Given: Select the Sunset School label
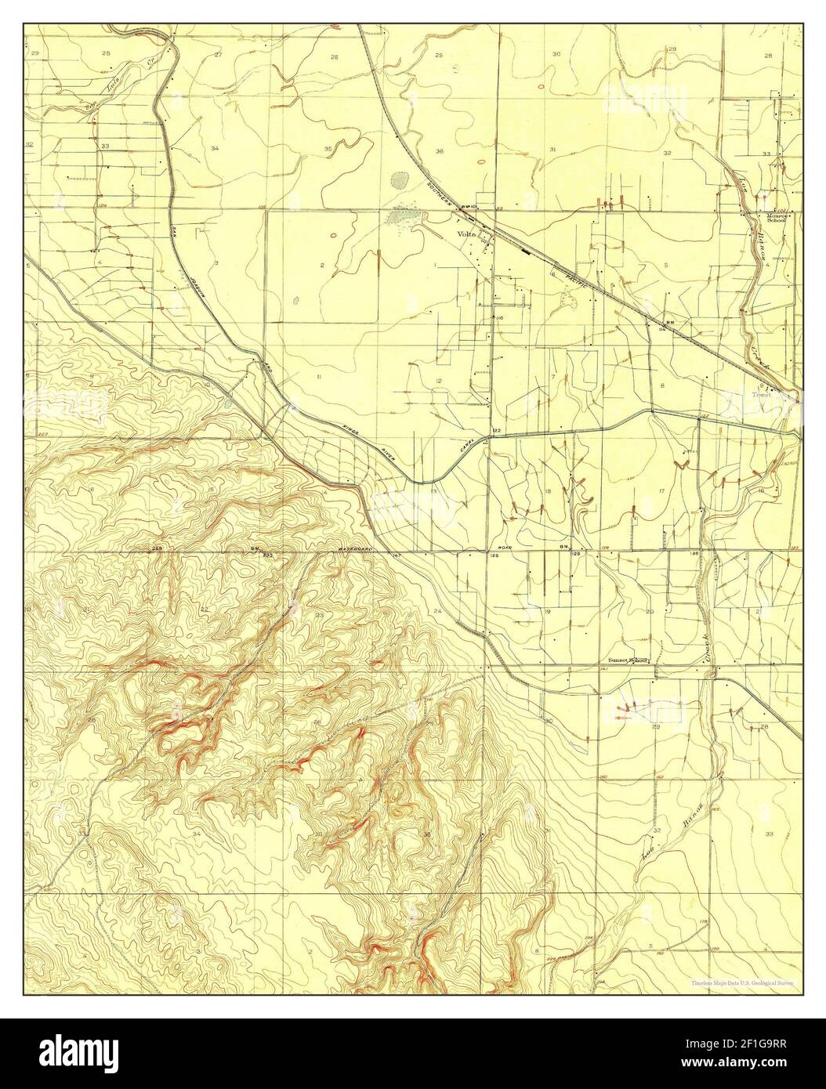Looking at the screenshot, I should pyautogui.click(x=629, y=660).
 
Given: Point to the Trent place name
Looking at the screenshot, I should pyautogui.click(x=762, y=395).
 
